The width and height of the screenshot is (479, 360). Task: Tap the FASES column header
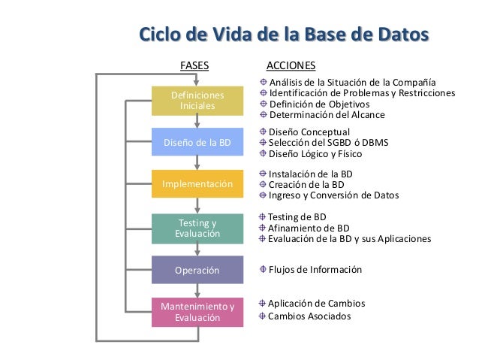point(195,65)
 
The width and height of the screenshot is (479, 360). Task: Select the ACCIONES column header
point(291,65)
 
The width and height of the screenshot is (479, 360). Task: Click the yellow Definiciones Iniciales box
point(197,101)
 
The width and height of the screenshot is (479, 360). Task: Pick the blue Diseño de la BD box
point(197,142)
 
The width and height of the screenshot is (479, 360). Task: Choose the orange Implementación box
point(197,184)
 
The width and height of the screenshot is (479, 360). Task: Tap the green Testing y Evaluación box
point(197,228)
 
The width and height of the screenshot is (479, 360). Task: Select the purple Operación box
point(197,270)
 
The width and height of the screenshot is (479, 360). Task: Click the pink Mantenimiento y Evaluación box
point(197,312)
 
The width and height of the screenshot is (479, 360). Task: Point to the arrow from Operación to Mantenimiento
point(197,291)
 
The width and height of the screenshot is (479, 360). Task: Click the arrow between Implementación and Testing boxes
point(197,206)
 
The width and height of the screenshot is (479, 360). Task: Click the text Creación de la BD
point(306,184)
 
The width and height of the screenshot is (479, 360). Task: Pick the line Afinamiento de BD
point(309,228)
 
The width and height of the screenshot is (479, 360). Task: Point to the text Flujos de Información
point(315,270)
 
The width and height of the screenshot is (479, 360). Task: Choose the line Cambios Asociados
point(309,316)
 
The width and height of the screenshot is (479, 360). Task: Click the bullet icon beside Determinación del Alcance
point(263,115)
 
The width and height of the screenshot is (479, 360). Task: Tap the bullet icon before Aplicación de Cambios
point(263,303)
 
